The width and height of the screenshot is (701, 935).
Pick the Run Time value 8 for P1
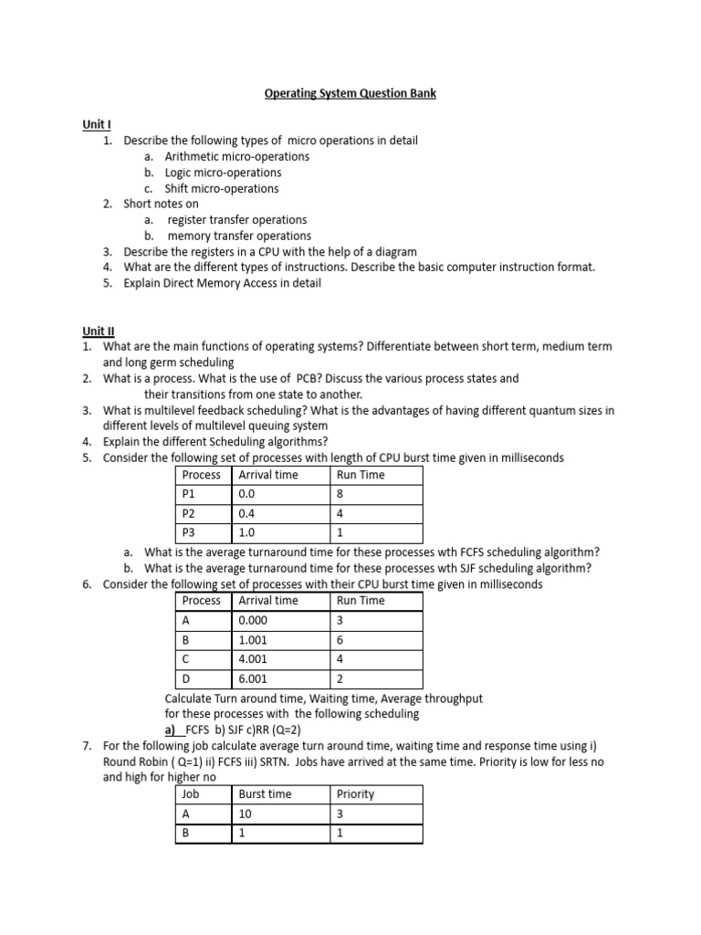[x=340, y=494]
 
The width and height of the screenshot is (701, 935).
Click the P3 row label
[x=189, y=532]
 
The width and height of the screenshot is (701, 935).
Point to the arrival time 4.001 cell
[x=253, y=658]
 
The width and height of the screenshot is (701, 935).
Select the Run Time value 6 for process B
[x=340, y=639]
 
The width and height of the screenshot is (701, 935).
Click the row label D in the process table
[x=186, y=678]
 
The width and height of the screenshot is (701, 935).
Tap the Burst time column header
[x=265, y=794]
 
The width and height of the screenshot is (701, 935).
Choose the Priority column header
[x=355, y=794]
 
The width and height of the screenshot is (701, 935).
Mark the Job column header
[x=191, y=794]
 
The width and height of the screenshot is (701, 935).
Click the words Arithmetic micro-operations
[x=236, y=156]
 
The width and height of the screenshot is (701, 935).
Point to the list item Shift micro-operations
[x=222, y=188]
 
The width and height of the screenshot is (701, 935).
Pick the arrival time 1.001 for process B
[x=253, y=639]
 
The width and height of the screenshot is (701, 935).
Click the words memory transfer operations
[x=239, y=236]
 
